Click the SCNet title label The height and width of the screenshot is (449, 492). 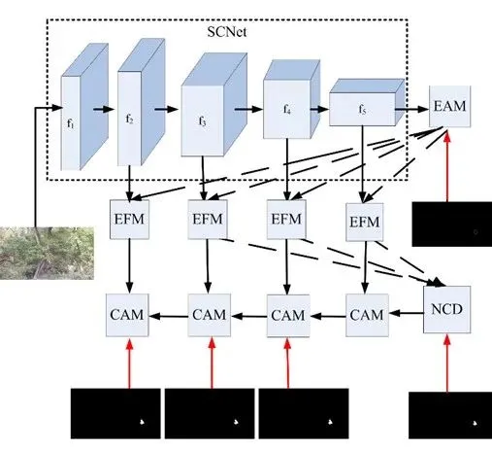(x=227, y=32)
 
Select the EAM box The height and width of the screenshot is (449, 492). (x=449, y=106)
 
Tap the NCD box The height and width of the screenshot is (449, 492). (x=447, y=309)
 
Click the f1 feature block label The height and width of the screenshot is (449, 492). (x=71, y=123)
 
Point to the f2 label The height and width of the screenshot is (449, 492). (x=129, y=120)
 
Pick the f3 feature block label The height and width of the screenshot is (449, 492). (x=202, y=121)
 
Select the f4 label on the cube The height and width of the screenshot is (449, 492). (x=287, y=110)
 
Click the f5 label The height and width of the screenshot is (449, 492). (x=362, y=110)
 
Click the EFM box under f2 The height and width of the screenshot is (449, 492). (x=129, y=220)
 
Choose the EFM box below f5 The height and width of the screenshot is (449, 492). (x=365, y=223)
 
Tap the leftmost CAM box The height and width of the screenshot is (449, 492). (x=127, y=315)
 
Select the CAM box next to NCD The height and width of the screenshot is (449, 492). (x=367, y=315)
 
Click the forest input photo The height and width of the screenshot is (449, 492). (x=47, y=253)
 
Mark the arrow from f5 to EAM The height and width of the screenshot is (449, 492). (x=412, y=109)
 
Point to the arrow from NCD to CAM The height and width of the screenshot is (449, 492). (x=407, y=313)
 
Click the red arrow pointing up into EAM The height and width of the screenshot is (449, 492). (x=447, y=166)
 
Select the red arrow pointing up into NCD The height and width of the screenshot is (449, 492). (x=447, y=363)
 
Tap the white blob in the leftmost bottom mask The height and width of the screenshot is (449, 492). (x=142, y=422)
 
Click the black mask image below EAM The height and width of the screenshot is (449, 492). (x=452, y=224)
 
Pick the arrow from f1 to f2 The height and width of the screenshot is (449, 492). (x=104, y=109)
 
